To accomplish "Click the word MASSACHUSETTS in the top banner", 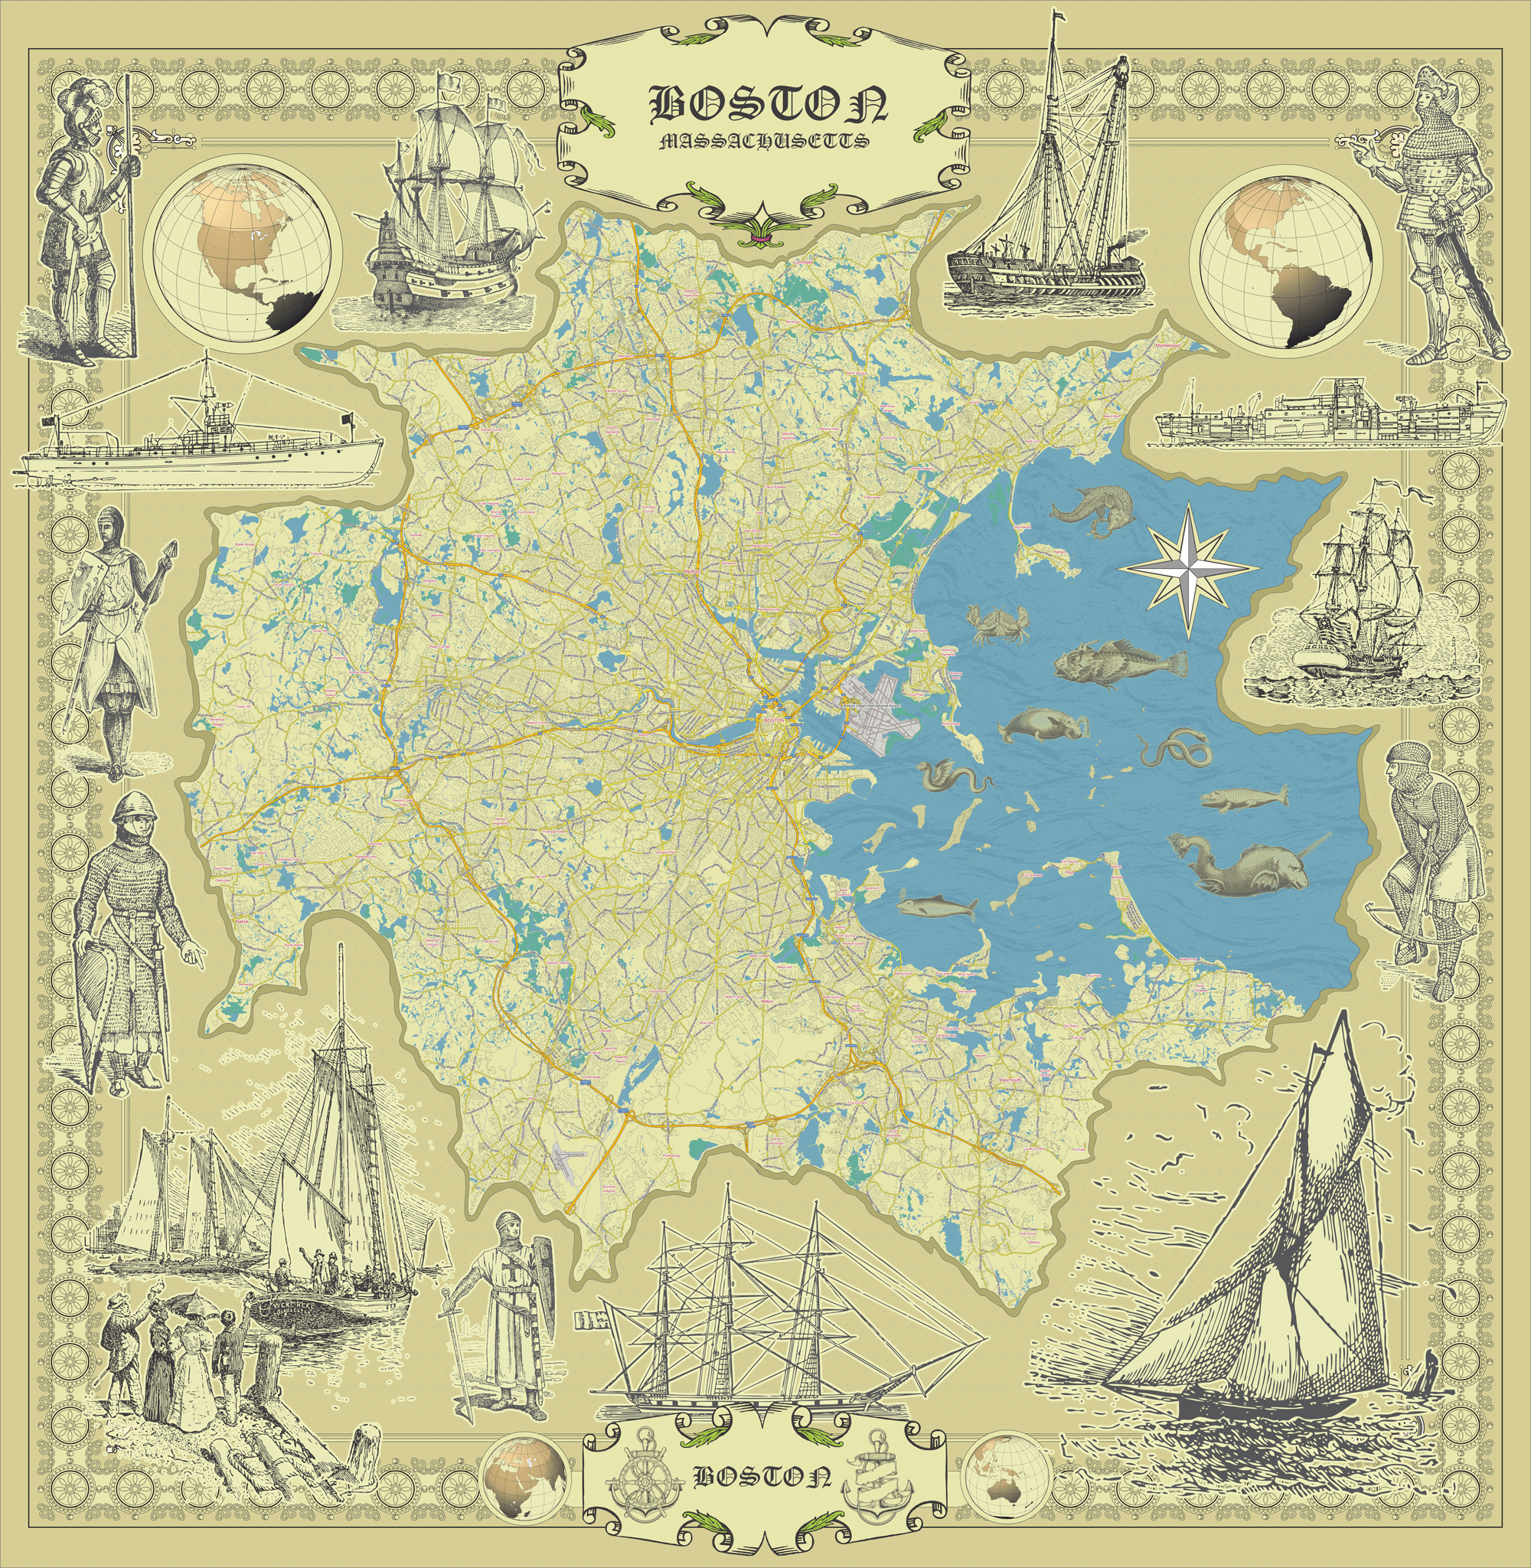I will click(x=763, y=142).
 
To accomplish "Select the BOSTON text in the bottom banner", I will click(x=762, y=1476).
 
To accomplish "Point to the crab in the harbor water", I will click(x=999, y=623).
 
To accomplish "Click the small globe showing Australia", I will click(x=1006, y=1475).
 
